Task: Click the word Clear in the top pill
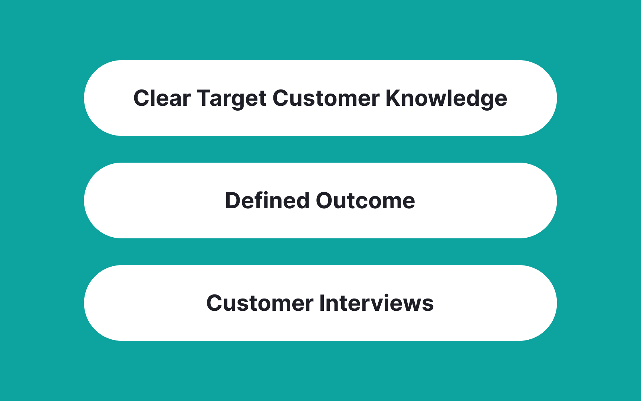point(162,98)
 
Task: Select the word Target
point(232,99)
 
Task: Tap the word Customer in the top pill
point(326,98)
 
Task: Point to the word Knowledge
point(446,99)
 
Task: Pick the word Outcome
point(365,201)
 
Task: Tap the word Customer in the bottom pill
point(260,303)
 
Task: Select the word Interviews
point(376,303)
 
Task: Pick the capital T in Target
point(204,98)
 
